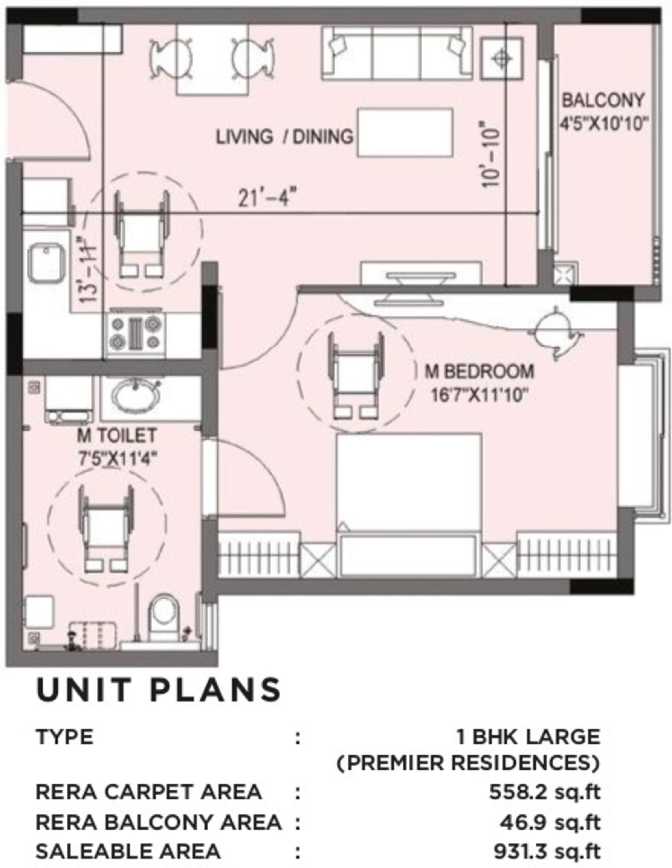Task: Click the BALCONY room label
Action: pos(603,100)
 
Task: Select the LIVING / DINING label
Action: pos(284,137)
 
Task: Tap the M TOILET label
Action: pos(117,436)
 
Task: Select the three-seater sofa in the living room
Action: pos(396,54)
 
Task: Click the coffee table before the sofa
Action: pos(405,132)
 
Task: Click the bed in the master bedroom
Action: pos(409,505)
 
